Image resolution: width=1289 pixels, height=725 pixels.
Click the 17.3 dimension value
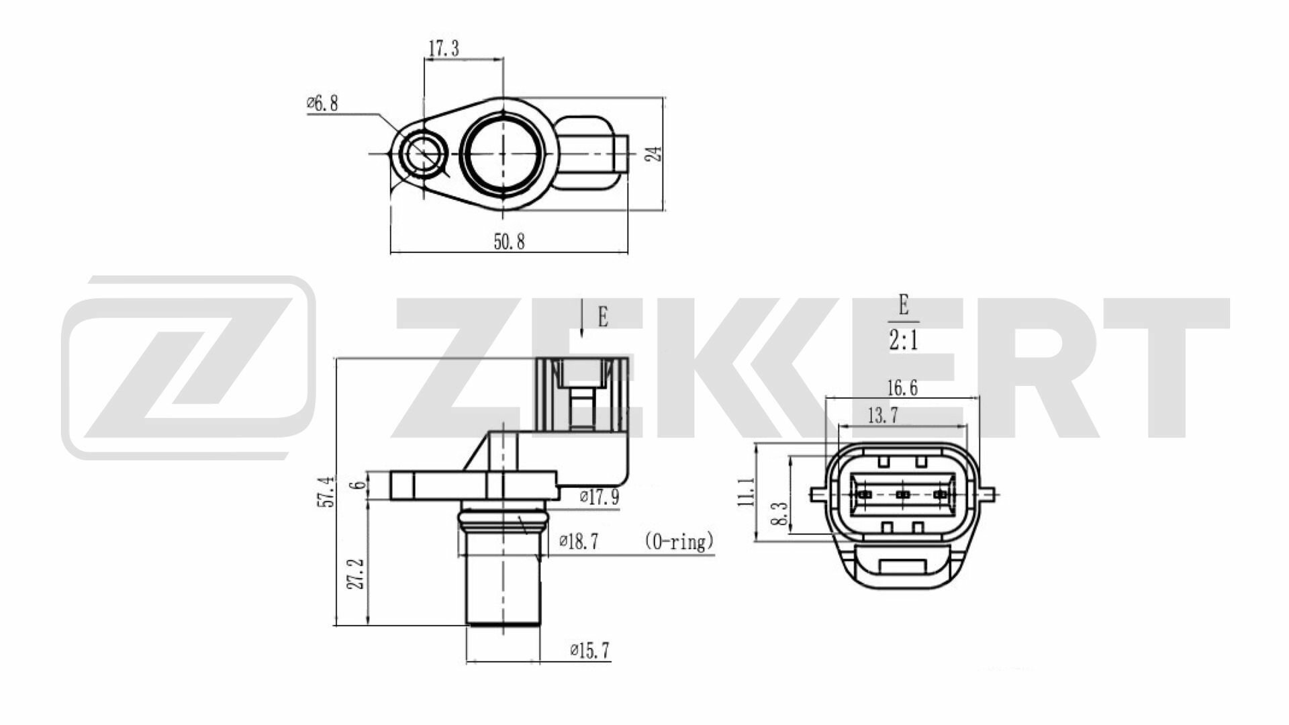[444, 48]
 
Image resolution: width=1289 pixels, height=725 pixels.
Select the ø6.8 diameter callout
[322, 104]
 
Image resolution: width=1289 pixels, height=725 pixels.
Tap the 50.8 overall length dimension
[509, 242]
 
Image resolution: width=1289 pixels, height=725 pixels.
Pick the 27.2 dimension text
[356, 574]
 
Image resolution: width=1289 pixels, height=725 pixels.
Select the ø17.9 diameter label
[599, 497]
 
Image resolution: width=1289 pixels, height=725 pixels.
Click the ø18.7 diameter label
[579, 542]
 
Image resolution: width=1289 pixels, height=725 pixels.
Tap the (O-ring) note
[678, 541]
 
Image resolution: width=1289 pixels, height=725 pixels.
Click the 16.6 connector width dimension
[902, 387]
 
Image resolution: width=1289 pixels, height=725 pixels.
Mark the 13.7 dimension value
[882, 416]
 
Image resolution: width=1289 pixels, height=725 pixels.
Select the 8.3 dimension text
[779, 514]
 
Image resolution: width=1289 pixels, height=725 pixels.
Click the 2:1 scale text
[903, 341]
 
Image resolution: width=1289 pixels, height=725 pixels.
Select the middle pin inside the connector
[903, 495]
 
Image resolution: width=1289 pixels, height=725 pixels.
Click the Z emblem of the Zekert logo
[188, 367]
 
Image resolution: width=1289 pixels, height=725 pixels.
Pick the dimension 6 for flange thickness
[360, 485]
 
